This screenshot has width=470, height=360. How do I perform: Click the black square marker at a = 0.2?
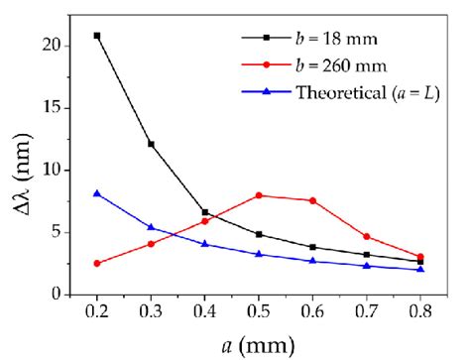(x=96, y=36)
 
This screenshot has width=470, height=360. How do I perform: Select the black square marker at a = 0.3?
(x=151, y=144)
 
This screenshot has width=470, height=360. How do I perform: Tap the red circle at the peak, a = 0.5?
(x=259, y=195)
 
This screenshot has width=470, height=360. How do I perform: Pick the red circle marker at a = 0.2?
(x=96, y=263)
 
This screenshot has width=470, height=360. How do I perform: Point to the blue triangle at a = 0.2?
(x=96, y=193)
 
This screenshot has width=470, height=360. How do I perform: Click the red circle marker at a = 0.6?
(x=312, y=200)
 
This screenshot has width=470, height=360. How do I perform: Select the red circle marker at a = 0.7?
(x=367, y=236)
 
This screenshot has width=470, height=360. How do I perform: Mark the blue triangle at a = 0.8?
(x=420, y=269)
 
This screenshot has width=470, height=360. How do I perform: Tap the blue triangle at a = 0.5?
(x=259, y=254)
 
